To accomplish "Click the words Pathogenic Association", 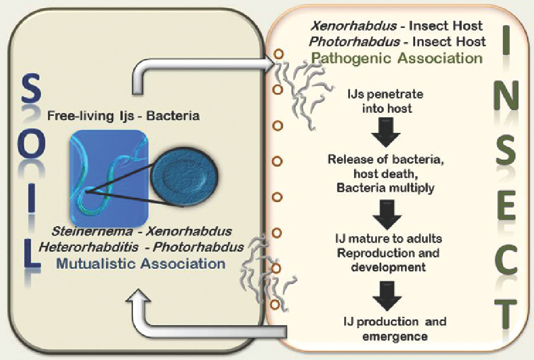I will pos(397,57).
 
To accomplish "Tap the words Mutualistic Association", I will pos(140,264).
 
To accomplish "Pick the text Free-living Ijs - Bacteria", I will pos(123,115).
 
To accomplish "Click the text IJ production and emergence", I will pos(394,328).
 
